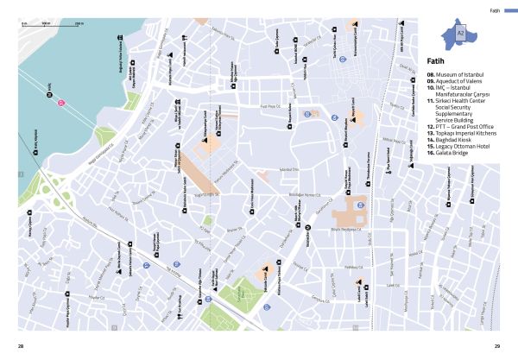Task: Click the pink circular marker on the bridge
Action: pyautogui.click(x=61, y=104)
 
